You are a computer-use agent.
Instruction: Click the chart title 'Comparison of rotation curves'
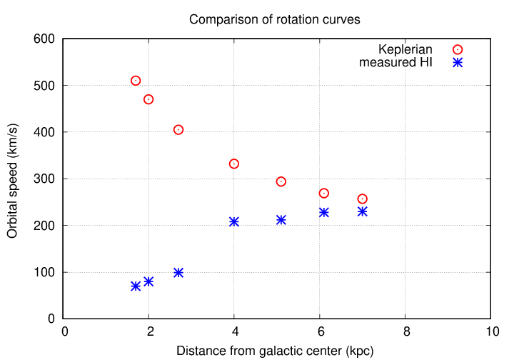click(x=275, y=20)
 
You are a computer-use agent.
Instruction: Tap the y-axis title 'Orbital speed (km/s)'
click(x=13, y=179)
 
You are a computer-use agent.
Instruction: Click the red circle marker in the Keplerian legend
click(x=458, y=49)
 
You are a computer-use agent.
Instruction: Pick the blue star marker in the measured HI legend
click(x=458, y=62)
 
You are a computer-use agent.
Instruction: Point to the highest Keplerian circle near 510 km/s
click(x=136, y=81)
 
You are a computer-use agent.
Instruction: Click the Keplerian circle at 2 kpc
click(x=148, y=99)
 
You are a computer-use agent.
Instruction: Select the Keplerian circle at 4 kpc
click(x=234, y=164)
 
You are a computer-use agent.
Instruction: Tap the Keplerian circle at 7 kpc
click(x=362, y=199)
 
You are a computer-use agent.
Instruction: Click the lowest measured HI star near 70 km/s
click(x=136, y=286)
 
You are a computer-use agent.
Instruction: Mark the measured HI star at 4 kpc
click(x=234, y=221)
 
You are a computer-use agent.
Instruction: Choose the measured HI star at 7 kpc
click(x=362, y=211)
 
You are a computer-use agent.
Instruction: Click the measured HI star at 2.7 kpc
click(x=178, y=272)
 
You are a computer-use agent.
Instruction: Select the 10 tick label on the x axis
click(x=490, y=331)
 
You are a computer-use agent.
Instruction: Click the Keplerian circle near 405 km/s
click(x=178, y=129)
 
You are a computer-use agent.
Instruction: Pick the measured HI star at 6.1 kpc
click(x=323, y=212)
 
